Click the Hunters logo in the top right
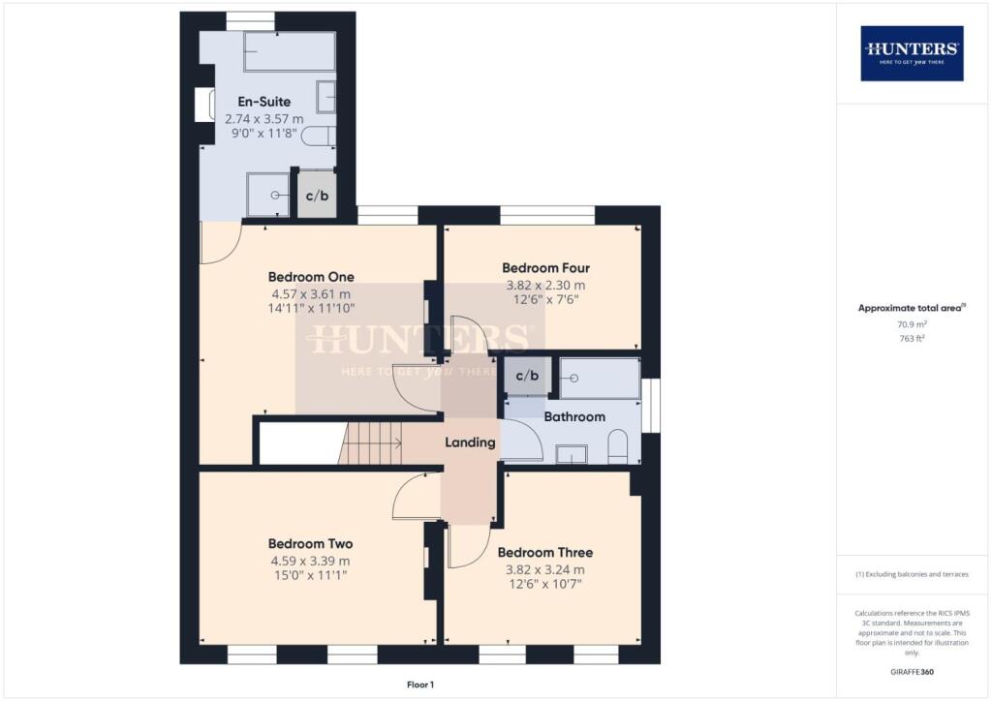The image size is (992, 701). point(912,52)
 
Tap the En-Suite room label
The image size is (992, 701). point(264,101)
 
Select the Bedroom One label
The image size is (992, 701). point(311,276)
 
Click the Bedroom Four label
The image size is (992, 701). point(545,268)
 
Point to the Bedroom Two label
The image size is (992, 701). point(310,543)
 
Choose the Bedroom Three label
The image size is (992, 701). point(544,553)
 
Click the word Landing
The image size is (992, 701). point(470,442)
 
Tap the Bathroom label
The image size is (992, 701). point(574,417)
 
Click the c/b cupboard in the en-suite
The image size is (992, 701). point(317,196)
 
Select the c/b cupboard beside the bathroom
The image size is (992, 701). point(526,376)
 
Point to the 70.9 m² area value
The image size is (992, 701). point(912,325)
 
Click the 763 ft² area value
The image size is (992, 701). point(912,339)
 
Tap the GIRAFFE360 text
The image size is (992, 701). point(912,672)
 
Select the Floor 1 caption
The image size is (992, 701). point(420,685)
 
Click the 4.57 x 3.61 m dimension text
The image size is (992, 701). point(311,293)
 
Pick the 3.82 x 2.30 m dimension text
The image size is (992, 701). point(545,286)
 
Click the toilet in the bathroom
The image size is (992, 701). point(618,447)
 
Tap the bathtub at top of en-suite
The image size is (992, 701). point(289,52)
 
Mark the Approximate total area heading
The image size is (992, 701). point(912,308)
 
